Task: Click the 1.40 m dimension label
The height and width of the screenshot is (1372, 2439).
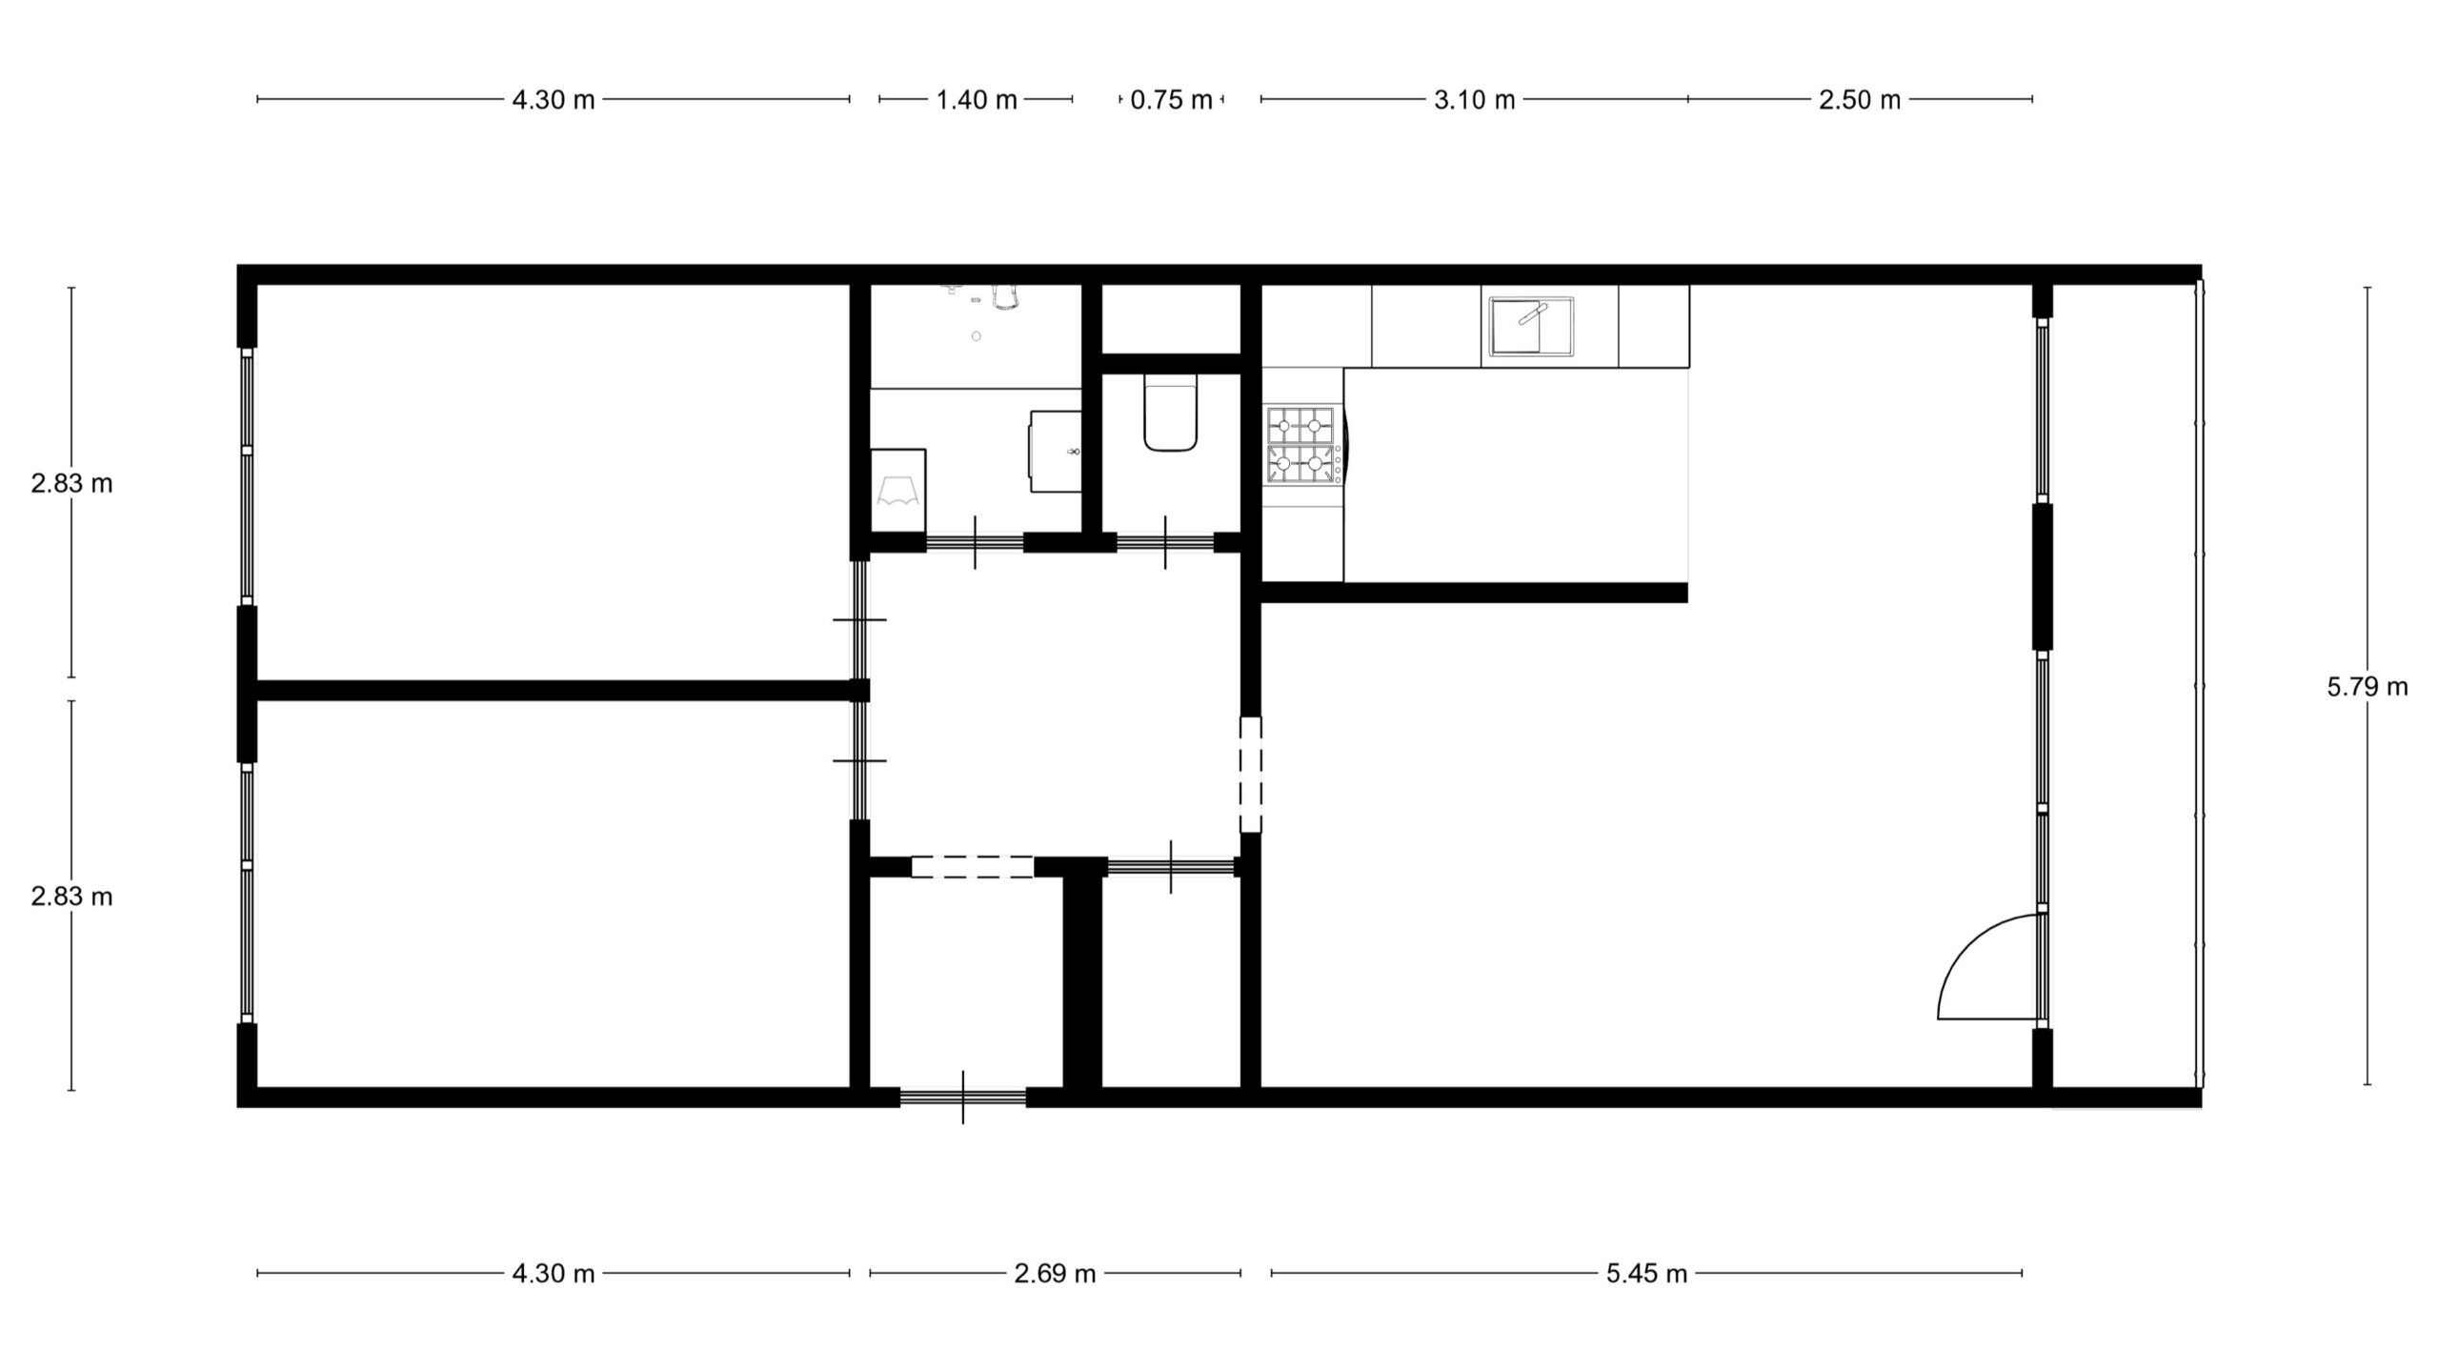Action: pyautogui.click(x=977, y=100)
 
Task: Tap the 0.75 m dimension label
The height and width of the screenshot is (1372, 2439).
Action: pyautogui.click(x=1171, y=100)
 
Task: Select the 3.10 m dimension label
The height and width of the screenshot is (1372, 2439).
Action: pyautogui.click(x=1475, y=100)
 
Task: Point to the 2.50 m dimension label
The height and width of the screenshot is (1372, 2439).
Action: pyautogui.click(x=1860, y=100)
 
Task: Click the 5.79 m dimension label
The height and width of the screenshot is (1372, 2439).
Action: pyautogui.click(x=2368, y=687)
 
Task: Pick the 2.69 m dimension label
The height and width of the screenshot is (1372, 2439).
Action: pyautogui.click(x=1055, y=1274)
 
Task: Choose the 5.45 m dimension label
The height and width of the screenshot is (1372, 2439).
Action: pyautogui.click(x=1646, y=1274)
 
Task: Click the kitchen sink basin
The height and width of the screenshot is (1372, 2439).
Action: pyautogui.click(x=1531, y=326)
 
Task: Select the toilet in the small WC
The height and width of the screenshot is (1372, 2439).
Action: pyautogui.click(x=1170, y=413)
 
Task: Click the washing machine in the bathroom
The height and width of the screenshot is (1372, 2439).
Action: pyautogui.click(x=898, y=491)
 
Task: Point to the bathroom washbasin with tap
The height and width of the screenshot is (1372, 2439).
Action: pyautogui.click(x=1056, y=451)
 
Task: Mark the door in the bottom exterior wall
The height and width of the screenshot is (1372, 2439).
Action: pyautogui.click(x=962, y=1098)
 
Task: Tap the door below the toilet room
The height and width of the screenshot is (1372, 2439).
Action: pyautogui.click(x=1166, y=543)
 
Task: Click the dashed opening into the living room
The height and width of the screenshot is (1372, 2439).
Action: pyautogui.click(x=1250, y=775)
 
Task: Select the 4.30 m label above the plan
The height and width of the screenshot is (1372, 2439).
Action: pyautogui.click(x=554, y=100)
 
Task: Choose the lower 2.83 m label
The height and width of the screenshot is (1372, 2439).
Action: pyautogui.click(x=71, y=897)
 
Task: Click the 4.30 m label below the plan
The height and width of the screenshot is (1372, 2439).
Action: pyautogui.click(x=554, y=1274)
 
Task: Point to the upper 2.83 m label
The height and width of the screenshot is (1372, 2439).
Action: pyautogui.click(x=71, y=484)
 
